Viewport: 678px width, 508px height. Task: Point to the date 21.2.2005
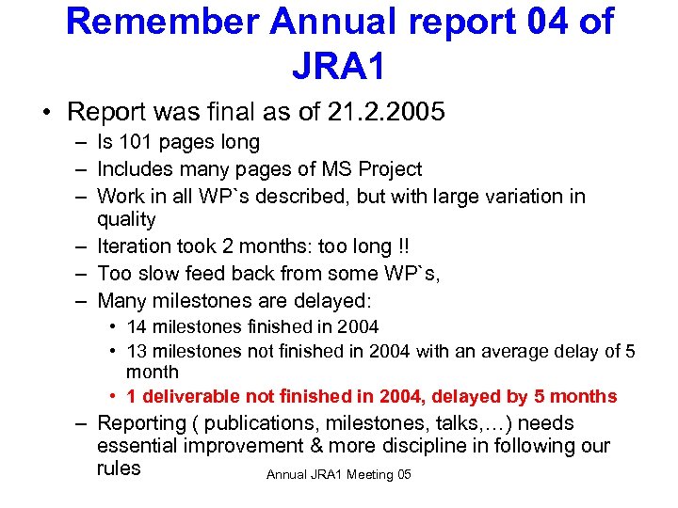[x=386, y=112]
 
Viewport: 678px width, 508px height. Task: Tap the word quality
[x=126, y=219]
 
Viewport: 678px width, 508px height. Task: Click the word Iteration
[x=136, y=246]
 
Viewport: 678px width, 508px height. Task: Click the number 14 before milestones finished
[x=136, y=327]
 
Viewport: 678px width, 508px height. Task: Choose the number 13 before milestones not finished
[x=136, y=352]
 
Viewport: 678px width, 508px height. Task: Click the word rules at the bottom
[x=119, y=468]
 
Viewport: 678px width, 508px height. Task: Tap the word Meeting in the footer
[x=371, y=474]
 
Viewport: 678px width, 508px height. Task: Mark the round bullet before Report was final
[x=45, y=113]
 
